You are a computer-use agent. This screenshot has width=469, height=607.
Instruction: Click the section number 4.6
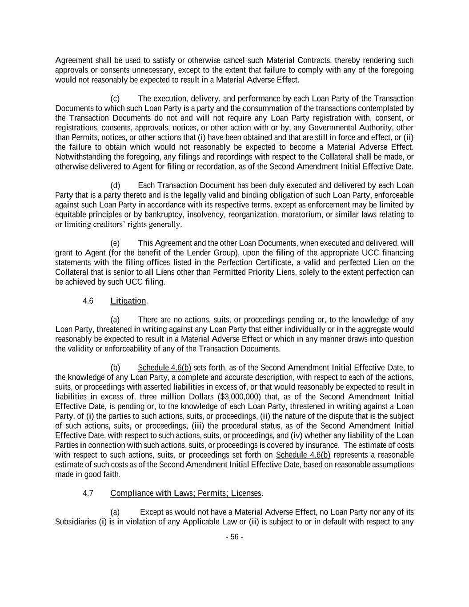pyautogui.click(x=88, y=301)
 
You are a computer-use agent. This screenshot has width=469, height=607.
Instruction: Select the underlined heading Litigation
pyautogui.click(x=128, y=301)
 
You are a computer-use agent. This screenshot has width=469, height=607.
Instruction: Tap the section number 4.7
pyautogui.click(x=88, y=493)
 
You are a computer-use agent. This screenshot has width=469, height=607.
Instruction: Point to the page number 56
pyautogui.click(x=234, y=537)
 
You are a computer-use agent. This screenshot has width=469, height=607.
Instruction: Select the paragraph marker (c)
pyautogui.click(x=115, y=99)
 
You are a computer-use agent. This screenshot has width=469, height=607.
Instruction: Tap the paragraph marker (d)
pyautogui.click(x=115, y=185)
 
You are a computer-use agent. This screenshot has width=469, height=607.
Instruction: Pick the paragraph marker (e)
pyautogui.click(x=115, y=243)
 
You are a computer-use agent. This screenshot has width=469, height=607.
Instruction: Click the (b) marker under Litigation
pyautogui.click(x=115, y=368)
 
